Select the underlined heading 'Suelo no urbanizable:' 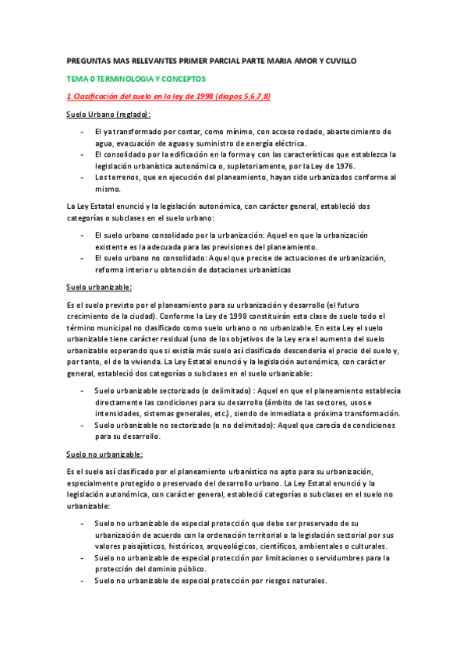(x=104, y=454)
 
